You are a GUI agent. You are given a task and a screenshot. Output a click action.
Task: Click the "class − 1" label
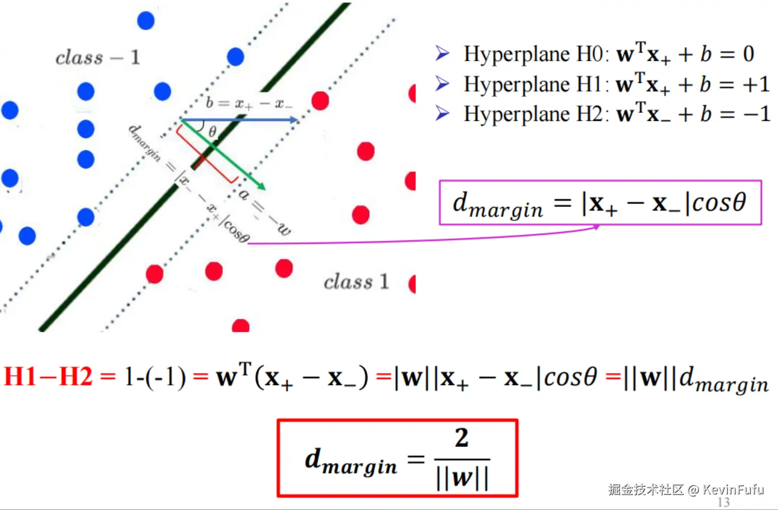click(97, 58)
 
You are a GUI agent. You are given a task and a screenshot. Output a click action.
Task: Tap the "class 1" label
click(356, 282)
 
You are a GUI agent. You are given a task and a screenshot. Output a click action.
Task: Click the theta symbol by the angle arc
click(213, 132)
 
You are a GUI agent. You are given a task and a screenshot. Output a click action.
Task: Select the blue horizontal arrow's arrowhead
click(293, 120)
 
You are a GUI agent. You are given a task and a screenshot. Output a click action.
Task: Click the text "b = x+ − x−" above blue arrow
click(249, 104)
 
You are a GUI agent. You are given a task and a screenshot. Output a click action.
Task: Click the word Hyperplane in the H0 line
click(516, 54)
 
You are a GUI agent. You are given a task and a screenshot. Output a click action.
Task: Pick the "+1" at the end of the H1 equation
click(756, 84)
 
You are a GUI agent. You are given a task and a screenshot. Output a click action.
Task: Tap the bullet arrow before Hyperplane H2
click(442, 113)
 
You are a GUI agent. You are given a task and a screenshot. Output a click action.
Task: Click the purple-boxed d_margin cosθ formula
click(600, 203)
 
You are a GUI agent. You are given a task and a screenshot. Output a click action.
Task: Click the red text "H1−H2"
click(48, 377)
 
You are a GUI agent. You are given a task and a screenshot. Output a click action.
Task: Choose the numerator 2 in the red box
click(461, 438)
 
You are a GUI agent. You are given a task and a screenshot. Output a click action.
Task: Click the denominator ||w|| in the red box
click(462, 478)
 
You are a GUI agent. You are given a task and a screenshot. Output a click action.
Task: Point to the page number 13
click(723, 502)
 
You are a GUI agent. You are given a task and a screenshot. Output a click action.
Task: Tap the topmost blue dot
click(146, 20)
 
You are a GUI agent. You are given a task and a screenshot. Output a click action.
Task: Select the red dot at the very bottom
click(241, 326)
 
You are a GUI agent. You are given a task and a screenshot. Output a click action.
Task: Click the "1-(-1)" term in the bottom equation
click(155, 377)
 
